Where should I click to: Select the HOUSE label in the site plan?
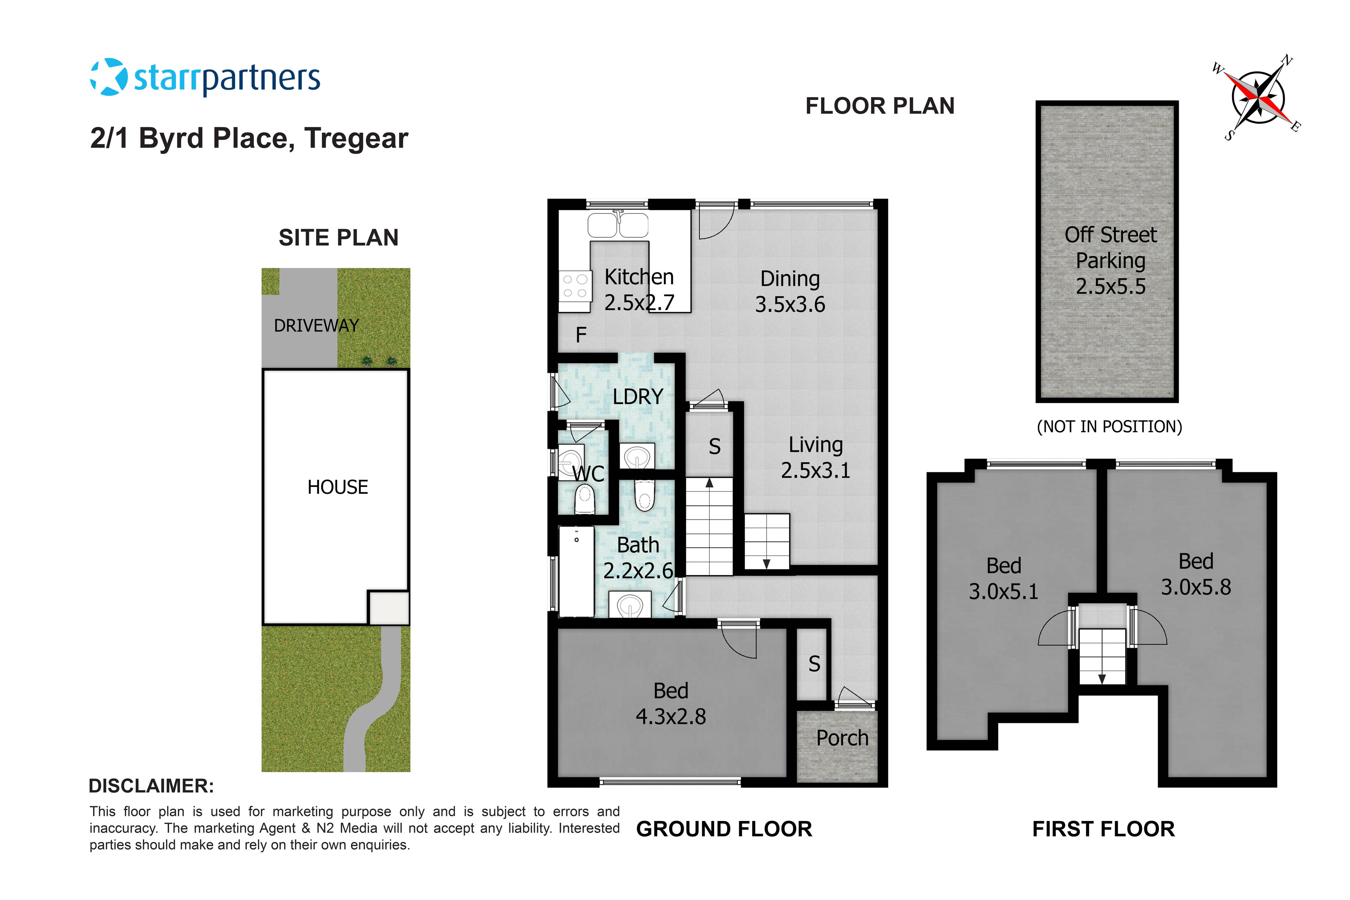point(337,487)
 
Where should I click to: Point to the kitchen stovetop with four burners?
point(574,286)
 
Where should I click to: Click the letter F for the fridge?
point(581,335)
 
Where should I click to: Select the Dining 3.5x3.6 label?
point(790,292)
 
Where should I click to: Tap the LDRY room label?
point(638,397)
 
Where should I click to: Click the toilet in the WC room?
point(584,498)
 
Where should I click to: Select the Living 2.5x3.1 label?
point(815,458)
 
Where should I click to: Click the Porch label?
point(842,738)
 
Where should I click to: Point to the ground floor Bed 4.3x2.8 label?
point(670,704)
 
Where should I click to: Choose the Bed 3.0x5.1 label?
point(1003,578)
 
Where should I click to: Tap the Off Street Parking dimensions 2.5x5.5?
point(1110,287)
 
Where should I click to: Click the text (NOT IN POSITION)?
point(1109,427)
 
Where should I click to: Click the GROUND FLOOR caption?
point(724,829)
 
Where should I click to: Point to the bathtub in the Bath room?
point(576,571)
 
